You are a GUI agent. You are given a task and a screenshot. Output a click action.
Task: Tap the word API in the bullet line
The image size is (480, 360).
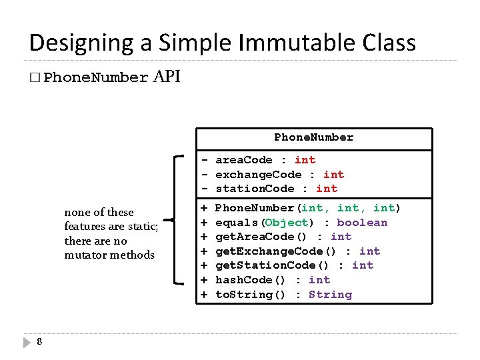[x=167, y=77]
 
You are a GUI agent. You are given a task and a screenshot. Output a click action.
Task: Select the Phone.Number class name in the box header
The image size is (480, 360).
[x=313, y=137]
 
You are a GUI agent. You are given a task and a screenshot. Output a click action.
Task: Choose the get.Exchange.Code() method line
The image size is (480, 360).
[x=297, y=251]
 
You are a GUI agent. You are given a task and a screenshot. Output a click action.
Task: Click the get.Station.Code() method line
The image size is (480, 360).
[x=294, y=265]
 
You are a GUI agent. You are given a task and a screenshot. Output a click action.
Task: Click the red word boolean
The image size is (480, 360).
[x=362, y=223]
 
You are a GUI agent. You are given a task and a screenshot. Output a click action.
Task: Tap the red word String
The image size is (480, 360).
[x=330, y=295]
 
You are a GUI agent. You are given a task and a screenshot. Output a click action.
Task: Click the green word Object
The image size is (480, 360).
[x=287, y=223]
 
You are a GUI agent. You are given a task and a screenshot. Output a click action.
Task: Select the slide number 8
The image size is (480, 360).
[x=39, y=342]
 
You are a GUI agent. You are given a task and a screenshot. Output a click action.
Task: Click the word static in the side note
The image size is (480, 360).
[x=140, y=227]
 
